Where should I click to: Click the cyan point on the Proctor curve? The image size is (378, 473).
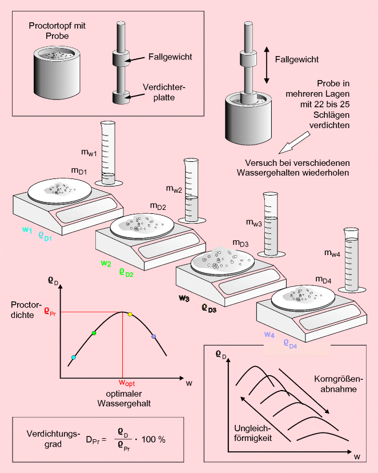click(x=73, y=357)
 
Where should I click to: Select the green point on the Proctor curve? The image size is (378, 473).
click(x=94, y=333)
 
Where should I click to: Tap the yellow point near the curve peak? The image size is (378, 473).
click(x=130, y=315)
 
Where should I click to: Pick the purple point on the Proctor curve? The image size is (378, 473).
click(x=153, y=337)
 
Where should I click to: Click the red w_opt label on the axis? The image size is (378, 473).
click(x=126, y=383)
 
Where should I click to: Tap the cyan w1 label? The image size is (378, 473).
click(x=27, y=229)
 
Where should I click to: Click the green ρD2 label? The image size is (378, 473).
click(x=126, y=273)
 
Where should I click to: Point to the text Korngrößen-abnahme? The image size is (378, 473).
click(x=335, y=384)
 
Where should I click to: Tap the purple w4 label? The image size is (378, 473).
click(x=269, y=334)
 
